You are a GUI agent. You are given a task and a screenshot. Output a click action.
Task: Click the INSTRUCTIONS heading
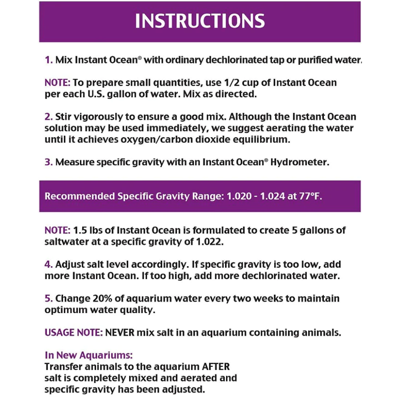click(x=200, y=21)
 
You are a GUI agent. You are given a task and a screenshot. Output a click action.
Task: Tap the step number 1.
click(x=48, y=60)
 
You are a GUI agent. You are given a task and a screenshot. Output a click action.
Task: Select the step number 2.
click(x=49, y=117)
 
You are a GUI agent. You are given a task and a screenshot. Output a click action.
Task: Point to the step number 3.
click(x=49, y=162)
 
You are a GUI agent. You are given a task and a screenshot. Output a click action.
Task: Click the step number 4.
click(x=49, y=264)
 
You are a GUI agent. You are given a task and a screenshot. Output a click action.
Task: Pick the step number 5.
click(x=49, y=298)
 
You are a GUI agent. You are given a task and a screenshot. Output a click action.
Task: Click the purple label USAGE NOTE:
click(x=74, y=333)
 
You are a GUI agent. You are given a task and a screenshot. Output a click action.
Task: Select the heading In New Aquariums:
click(x=88, y=356)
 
